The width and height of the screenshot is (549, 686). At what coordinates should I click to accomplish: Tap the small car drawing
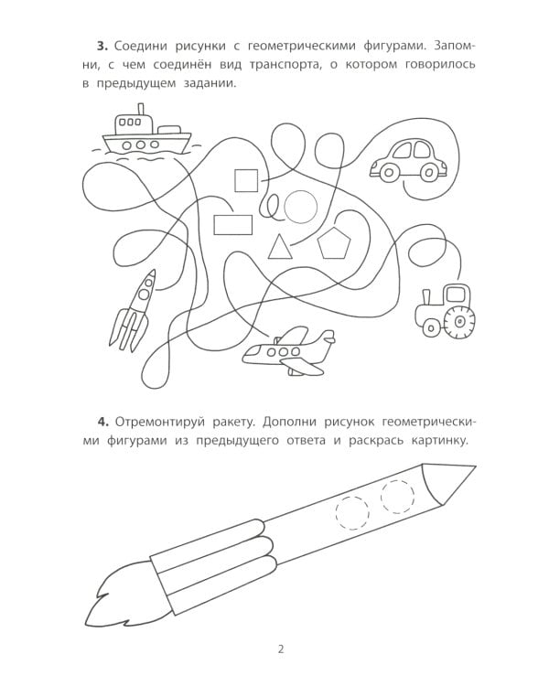coord(408,160)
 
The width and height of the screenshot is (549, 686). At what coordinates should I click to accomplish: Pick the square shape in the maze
coord(246,180)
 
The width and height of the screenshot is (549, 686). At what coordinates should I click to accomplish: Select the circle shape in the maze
coord(300,207)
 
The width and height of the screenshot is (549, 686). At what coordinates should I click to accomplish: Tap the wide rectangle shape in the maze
coord(233,224)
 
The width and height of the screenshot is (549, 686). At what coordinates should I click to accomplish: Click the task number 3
coord(102,45)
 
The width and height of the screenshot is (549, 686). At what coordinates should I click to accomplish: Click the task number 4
coord(102,422)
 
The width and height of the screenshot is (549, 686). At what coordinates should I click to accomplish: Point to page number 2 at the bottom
coord(281,650)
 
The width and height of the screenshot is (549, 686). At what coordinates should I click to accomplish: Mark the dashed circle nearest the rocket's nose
coord(398,497)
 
